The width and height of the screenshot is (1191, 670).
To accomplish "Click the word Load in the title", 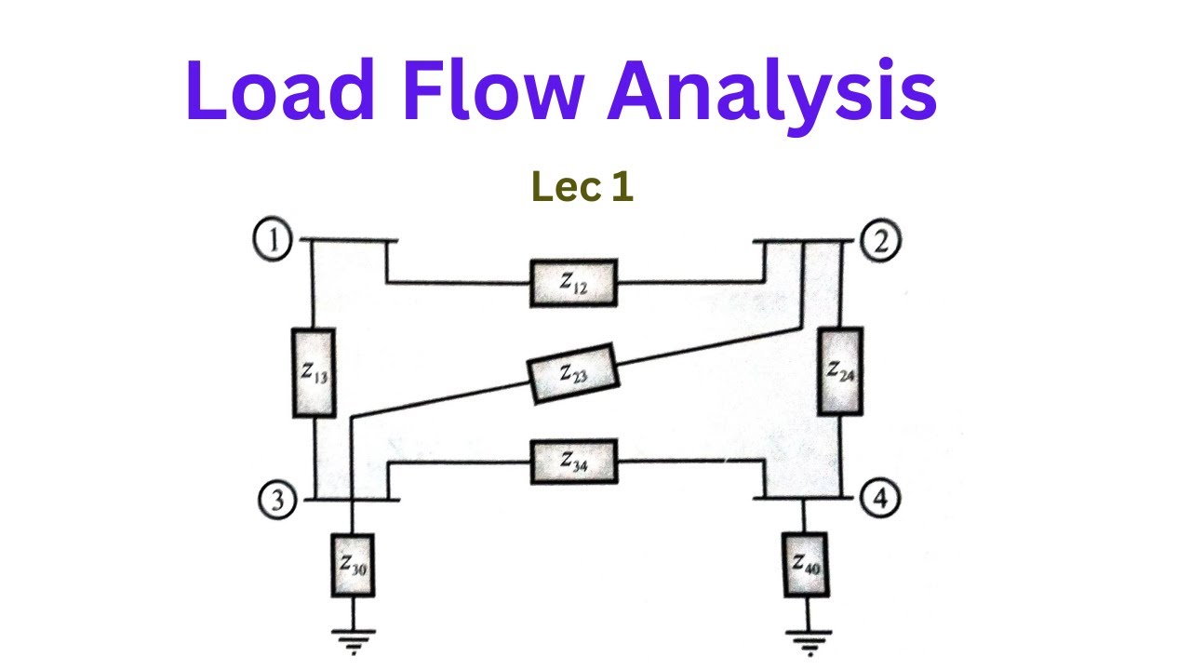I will coord(280,90).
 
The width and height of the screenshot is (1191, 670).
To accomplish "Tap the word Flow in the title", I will coord(491,90).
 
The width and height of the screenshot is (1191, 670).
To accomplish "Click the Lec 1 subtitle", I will coord(582,187).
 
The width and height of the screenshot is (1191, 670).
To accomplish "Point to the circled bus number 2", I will coord(880,241).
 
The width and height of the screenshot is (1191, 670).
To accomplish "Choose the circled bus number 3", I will coord(276,502).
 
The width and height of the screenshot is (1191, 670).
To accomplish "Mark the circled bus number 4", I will coord(880,500).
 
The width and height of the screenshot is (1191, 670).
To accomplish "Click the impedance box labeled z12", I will coord(573,283).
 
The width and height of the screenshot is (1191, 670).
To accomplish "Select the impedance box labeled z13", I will coord(314,372).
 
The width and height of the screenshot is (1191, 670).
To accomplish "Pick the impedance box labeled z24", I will coord(840,370).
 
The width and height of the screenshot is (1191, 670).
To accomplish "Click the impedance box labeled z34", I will coord(573,461).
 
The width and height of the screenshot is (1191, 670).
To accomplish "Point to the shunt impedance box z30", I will coord(353,564).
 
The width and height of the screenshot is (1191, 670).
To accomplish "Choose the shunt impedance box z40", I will coord(806,562).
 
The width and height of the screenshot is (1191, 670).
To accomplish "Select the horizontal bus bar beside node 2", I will coord(802,240).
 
